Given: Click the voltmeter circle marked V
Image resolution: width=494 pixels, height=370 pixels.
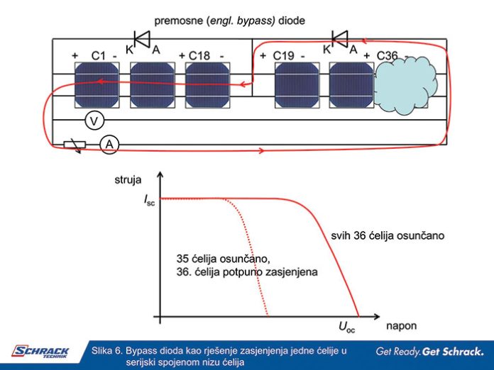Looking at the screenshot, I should tap(92, 122).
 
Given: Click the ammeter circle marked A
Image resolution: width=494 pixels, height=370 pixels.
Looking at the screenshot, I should tap(109, 144).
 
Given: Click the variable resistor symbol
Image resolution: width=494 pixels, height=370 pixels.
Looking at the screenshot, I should tap(75, 145).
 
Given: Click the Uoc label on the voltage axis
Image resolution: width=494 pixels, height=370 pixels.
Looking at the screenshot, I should tap(347, 327).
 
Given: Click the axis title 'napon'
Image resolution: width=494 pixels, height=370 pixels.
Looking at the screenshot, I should tap(401, 327).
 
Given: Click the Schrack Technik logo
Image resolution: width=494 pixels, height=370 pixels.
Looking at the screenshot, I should tap(40, 351).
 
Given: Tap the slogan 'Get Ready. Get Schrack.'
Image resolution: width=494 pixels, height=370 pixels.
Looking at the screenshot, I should tap(431, 351).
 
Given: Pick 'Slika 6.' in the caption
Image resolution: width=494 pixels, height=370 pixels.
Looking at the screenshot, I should tap(108, 350).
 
